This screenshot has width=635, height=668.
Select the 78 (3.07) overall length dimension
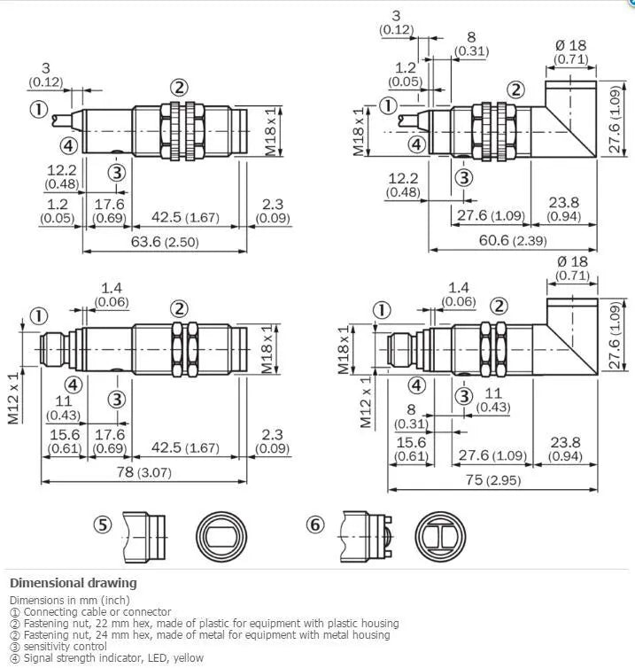143,472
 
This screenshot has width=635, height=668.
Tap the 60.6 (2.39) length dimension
513,240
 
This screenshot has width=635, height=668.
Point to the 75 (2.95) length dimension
493,480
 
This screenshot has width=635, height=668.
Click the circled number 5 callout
103,524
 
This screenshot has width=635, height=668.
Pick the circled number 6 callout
315,524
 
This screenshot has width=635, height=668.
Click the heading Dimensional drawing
74,583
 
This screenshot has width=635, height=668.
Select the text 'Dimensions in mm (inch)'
70,601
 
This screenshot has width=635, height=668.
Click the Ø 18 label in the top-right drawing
571,44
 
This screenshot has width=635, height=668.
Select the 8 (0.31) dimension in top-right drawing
471,44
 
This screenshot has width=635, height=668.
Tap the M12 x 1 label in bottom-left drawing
13,399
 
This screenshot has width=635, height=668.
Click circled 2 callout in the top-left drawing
179,88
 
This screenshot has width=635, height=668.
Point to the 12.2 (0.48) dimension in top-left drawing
62,177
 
